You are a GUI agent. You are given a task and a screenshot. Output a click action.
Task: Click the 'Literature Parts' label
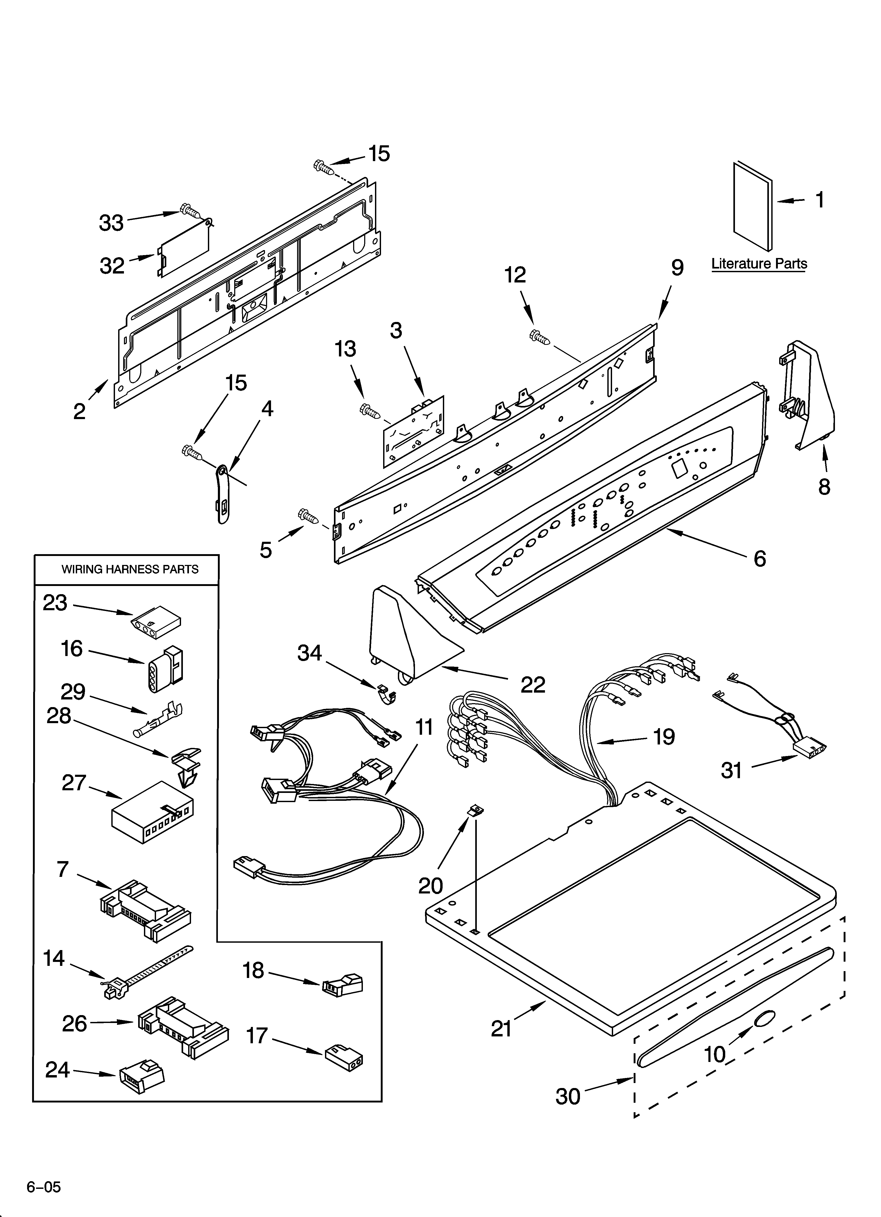759,264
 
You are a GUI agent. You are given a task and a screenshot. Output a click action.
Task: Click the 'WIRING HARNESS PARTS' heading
130,569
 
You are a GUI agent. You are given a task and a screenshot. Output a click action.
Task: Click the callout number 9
677,267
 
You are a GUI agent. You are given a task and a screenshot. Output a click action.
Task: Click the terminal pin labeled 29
159,719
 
